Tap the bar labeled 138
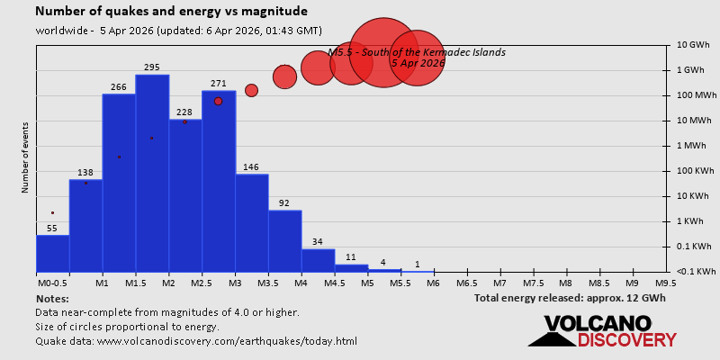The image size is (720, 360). click(85, 225)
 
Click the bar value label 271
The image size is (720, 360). click(219, 84)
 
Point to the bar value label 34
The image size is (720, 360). click(318, 241)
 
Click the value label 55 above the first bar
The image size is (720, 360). click(52, 229)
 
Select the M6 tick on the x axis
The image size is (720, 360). click(434, 283)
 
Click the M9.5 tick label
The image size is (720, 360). click(666, 283)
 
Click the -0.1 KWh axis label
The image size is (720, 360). click(696, 272)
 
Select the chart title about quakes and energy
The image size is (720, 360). click(171, 12)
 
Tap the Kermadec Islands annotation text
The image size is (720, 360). click(417, 52)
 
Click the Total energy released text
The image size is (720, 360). click(570, 297)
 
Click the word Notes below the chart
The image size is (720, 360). click(52, 298)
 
